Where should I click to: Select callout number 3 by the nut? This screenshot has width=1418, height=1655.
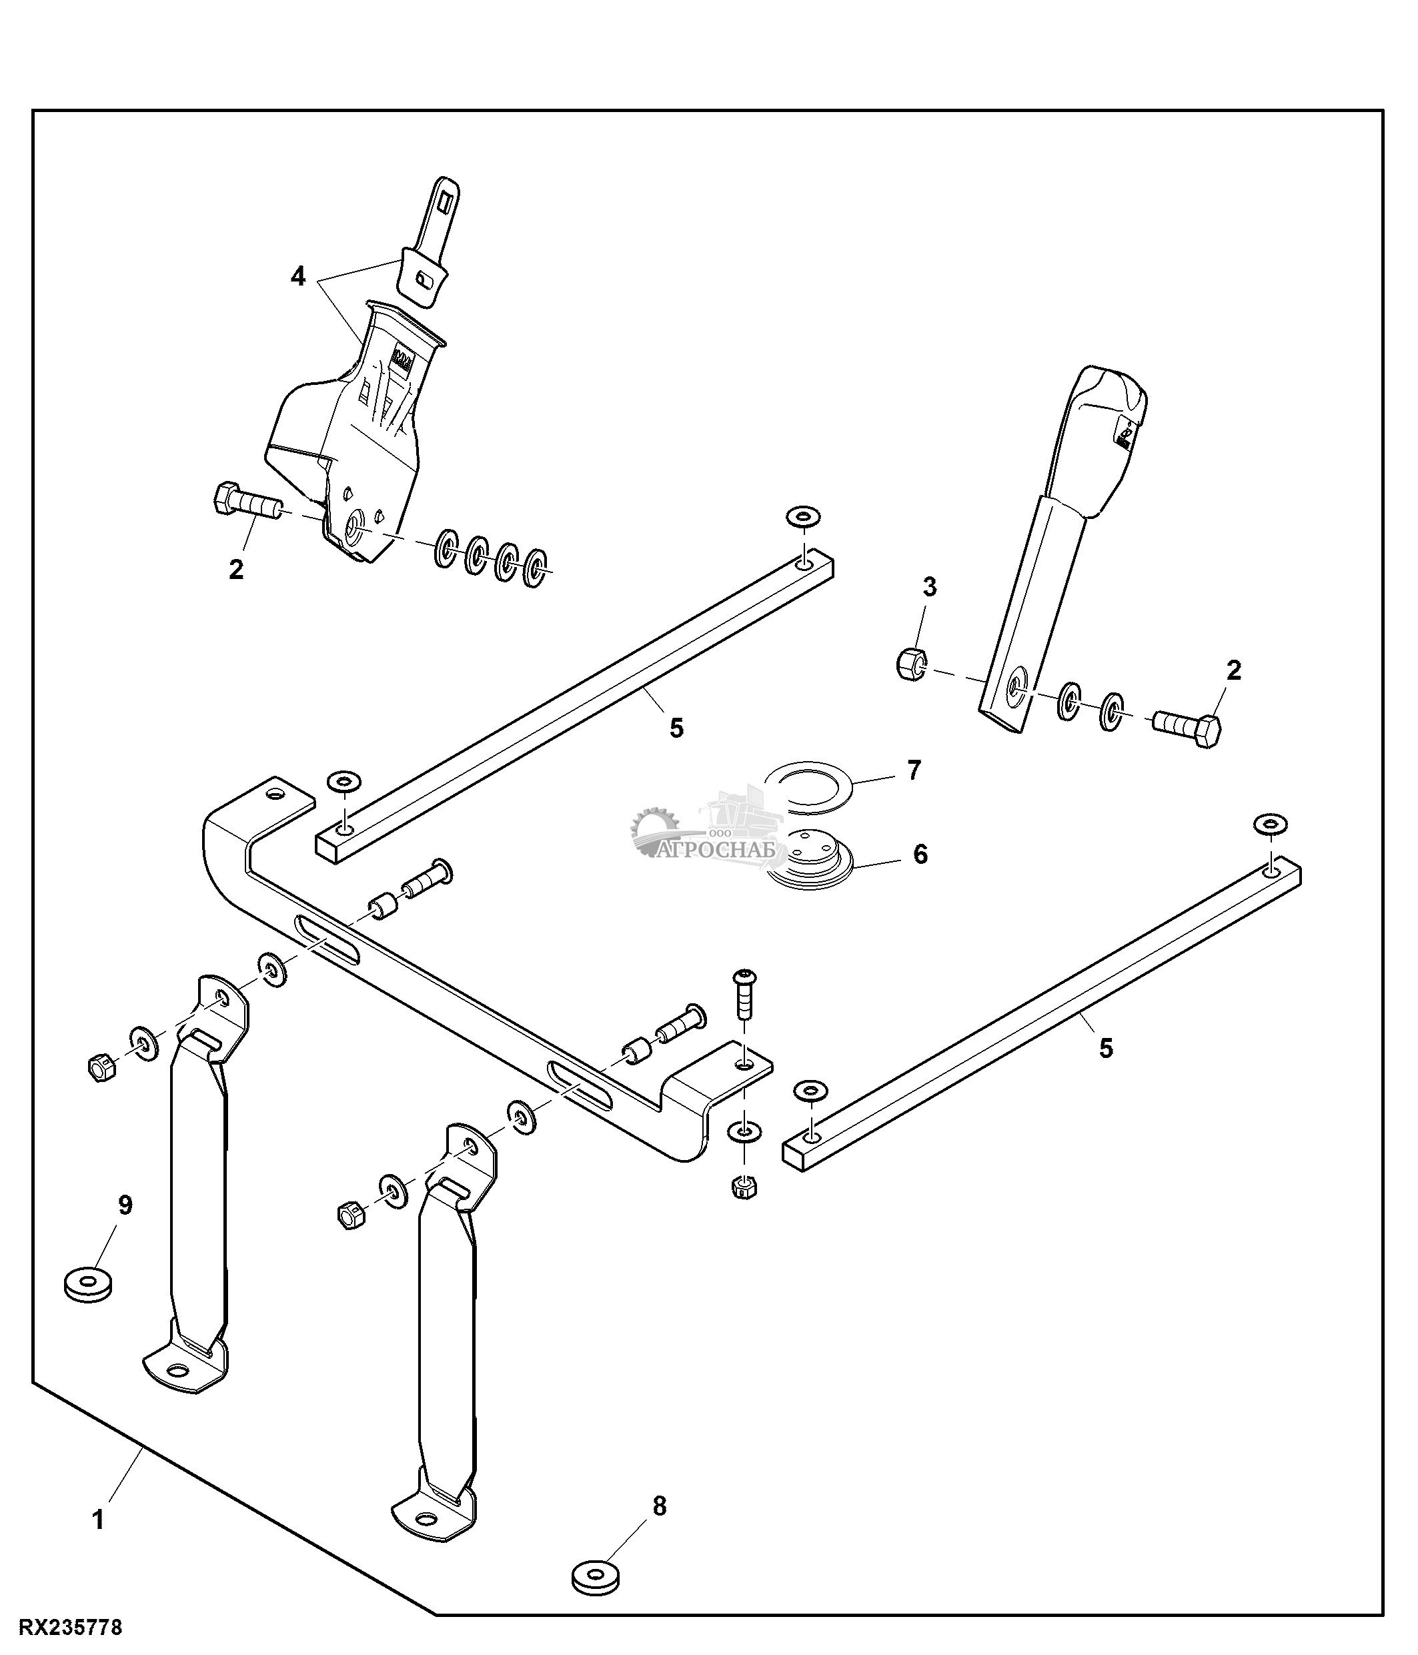click(929, 587)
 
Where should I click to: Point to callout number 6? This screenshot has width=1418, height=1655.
click(920, 855)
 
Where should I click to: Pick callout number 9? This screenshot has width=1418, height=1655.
click(125, 1205)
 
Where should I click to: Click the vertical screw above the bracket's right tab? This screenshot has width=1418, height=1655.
click(744, 995)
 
